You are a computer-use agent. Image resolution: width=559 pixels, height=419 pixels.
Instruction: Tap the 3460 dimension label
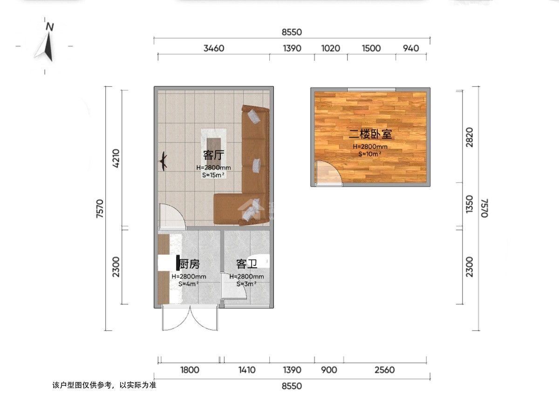(214, 48)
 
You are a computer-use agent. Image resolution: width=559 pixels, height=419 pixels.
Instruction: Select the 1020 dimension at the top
(331, 48)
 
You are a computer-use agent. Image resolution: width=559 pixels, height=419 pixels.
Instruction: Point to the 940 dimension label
(411, 48)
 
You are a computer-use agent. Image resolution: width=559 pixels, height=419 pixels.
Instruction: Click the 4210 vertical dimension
(116, 158)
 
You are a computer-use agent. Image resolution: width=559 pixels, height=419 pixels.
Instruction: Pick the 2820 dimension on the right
(469, 137)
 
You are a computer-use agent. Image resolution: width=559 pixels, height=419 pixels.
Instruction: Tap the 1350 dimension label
(469, 204)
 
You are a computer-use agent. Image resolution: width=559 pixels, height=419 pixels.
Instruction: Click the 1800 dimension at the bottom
(190, 370)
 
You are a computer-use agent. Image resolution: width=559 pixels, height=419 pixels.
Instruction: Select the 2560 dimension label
(385, 370)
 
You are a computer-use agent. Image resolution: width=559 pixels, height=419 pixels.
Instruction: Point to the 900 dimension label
(329, 370)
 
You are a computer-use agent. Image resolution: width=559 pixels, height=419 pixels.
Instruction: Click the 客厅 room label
(214, 155)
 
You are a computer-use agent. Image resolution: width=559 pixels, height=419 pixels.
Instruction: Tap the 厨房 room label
(190, 264)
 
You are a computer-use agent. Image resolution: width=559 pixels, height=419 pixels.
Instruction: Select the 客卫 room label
(246, 264)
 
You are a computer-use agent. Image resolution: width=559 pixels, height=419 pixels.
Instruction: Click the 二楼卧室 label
(370, 134)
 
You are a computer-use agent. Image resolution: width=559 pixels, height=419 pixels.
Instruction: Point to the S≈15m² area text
(213, 175)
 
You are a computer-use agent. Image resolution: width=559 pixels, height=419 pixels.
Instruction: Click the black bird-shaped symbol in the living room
(163, 161)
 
